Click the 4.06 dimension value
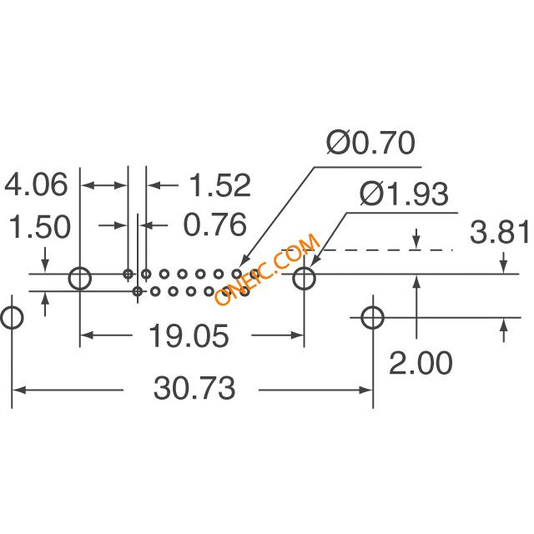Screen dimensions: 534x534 tap(36, 184)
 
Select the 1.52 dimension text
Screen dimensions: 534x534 tap(220, 185)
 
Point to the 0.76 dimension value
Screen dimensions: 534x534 tap(215, 224)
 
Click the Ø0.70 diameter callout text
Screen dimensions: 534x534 tap(371, 142)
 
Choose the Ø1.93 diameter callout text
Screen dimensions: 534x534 tap(404, 194)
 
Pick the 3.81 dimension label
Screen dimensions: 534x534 tap(500, 232)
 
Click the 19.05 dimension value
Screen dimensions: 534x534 tap(189, 335)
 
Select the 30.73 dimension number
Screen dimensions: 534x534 tap(194, 388)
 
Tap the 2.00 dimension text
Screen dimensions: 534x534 tap(421, 364)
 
